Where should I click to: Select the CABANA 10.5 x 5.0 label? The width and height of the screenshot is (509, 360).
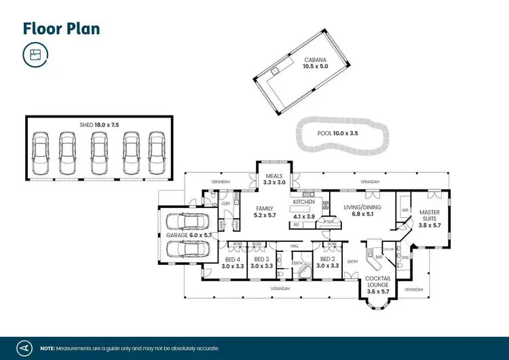(316, 63)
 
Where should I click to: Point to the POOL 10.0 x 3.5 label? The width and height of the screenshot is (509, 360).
(337, 133)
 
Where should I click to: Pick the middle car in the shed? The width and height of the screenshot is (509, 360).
(98, 153)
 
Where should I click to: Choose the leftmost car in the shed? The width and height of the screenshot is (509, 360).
(40, 153)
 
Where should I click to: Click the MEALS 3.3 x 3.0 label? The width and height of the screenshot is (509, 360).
(275, 179)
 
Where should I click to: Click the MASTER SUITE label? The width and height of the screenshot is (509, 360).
(430, 218)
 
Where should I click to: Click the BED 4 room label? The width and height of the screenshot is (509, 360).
(233, 262)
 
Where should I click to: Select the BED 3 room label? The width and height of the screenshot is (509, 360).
(261, 262)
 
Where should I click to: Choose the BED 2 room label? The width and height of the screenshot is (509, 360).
(328, 262)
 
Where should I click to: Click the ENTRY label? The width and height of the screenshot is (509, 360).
(353, 261)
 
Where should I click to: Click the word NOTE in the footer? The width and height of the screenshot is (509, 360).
(48, 346)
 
